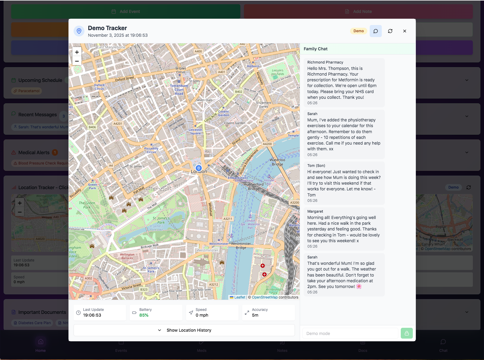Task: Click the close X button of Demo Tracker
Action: coord(405,31)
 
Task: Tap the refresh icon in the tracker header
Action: coord(390,31)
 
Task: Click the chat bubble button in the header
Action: coord(376,31)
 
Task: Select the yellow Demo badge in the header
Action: coord(359,31)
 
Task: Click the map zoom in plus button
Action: coord(77,52)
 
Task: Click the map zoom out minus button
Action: coord(77,61)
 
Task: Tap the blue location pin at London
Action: coord(198,168)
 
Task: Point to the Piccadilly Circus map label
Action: coord(151,150)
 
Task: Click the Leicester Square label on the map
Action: coord(195,132)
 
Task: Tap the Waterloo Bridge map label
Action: coord(277,162)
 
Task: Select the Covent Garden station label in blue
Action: coord(223,113)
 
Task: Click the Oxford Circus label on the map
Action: coord(99,87)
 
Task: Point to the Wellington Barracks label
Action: coord(127,256)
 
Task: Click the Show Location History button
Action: coord(184,330)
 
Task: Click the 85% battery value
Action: coord(144,315)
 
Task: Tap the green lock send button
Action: coord(406,333)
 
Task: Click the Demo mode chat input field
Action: coord(350,333)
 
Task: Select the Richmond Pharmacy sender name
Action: coord(325,62)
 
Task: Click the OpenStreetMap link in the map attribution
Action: coord(264,297)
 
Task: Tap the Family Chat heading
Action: coord(315,49)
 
